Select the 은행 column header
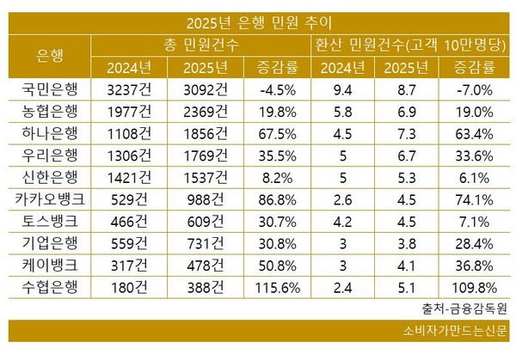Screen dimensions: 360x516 tap(50, 55)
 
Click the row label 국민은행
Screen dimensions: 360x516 tap(50, 88)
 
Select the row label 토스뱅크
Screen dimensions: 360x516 tap(50, 220)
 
